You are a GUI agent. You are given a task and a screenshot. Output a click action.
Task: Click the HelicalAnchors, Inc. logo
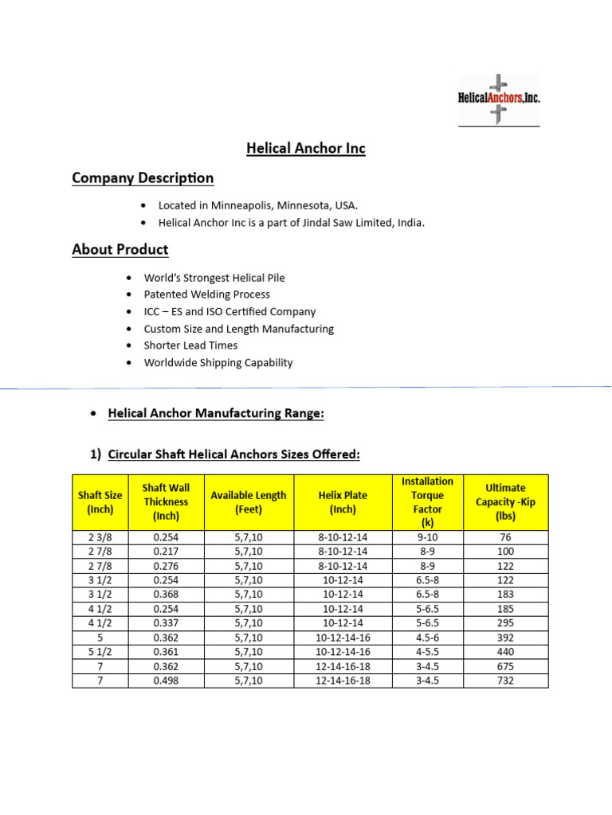499,99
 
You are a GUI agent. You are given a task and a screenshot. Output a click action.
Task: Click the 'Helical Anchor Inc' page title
305,148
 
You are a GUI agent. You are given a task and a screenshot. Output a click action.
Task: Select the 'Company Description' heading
143,177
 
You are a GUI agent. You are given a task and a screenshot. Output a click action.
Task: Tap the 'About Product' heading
120,249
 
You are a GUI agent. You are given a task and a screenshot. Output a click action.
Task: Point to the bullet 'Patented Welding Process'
206,294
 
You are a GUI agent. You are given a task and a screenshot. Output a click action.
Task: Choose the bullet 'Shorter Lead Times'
190,345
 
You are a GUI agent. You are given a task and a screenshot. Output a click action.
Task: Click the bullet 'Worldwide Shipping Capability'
218,362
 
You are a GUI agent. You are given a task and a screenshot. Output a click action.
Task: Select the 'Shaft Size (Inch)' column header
100,502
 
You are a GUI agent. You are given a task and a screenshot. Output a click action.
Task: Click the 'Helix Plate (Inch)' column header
343,502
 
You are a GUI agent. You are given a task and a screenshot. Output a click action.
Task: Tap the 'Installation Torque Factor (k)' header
427,502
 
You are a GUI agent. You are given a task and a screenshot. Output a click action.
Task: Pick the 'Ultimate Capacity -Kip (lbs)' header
505,502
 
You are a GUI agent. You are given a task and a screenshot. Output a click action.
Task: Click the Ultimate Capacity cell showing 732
505,680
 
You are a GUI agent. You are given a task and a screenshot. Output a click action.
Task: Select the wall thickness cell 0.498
166,680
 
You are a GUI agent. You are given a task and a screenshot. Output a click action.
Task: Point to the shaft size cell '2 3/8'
100,537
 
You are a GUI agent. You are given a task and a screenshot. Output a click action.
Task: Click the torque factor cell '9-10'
427,537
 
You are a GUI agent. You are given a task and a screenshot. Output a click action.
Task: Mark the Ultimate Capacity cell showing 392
505,638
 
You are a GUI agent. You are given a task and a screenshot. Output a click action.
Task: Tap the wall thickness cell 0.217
166,552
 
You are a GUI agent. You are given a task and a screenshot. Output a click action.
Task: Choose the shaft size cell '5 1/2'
100,652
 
